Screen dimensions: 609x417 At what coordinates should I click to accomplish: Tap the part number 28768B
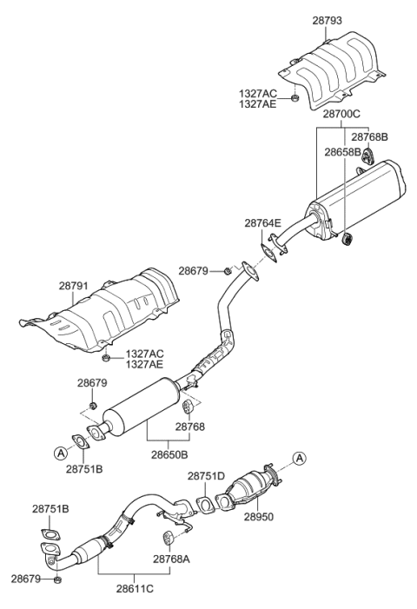[369, 136]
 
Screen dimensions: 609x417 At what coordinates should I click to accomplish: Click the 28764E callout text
[262, 223]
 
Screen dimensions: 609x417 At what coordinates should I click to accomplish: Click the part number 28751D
[207, 476]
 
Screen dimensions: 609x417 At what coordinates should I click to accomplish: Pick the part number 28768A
[171, 559]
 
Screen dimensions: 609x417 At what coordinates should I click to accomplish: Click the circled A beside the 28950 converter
[299, 458]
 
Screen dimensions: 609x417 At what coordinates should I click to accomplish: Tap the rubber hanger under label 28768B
[367, 156]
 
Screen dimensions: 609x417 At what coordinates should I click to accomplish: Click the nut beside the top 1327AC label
[296, 97]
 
